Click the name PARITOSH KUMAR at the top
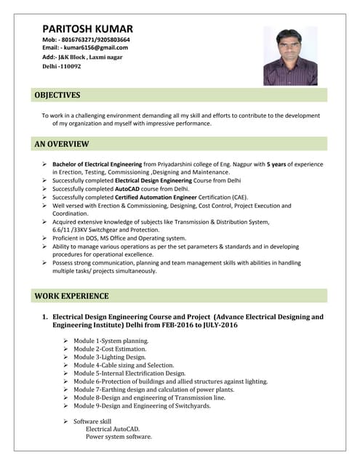(87, 28)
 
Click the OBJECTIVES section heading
(57, 95)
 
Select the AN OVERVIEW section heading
(62, 144)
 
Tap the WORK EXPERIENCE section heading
(72, 296)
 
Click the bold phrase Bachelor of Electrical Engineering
(99, 164)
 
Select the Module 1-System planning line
(111, 340)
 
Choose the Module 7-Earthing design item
(153, 389)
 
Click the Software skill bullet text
(92, 421)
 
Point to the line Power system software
(119, 437)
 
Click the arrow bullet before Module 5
(66, 373)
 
